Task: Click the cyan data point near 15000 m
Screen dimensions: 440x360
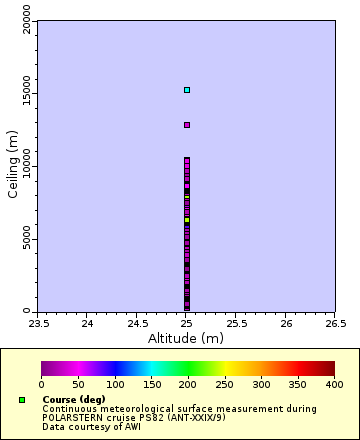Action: click(x=186, y=90)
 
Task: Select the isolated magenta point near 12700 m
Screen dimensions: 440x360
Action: click(x=186, y=125)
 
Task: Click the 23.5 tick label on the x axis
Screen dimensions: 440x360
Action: click(x=38, y=322)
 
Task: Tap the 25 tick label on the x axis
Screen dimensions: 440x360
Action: click(x=186, y=322)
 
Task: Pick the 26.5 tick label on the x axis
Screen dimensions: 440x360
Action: click(x=335, y=322)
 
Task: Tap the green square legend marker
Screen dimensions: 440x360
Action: click(x=22, y=400)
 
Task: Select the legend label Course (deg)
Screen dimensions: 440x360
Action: click(x=73, y=400)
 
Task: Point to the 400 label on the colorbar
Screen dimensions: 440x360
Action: click(x=334, y=384)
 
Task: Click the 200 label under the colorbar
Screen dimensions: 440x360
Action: click(x=187, y=384)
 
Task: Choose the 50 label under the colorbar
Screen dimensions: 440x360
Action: click(x=78, y=384)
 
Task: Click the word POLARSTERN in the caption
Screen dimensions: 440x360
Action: click(x=73, y=417)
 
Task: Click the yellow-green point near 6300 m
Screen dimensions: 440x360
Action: click(x=186, y=219)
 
